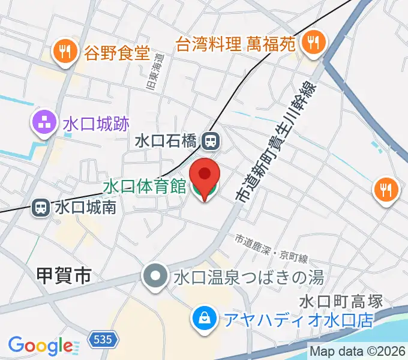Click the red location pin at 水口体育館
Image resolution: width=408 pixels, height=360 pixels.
205,175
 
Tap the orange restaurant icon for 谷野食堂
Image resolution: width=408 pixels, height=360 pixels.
65,52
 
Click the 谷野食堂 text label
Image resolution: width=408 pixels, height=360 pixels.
117,52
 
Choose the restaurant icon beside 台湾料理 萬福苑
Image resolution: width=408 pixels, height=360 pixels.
313,43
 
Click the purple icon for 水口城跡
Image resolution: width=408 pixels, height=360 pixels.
44,124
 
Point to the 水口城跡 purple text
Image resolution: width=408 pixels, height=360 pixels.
95,124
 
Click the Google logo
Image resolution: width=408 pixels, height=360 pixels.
41,346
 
